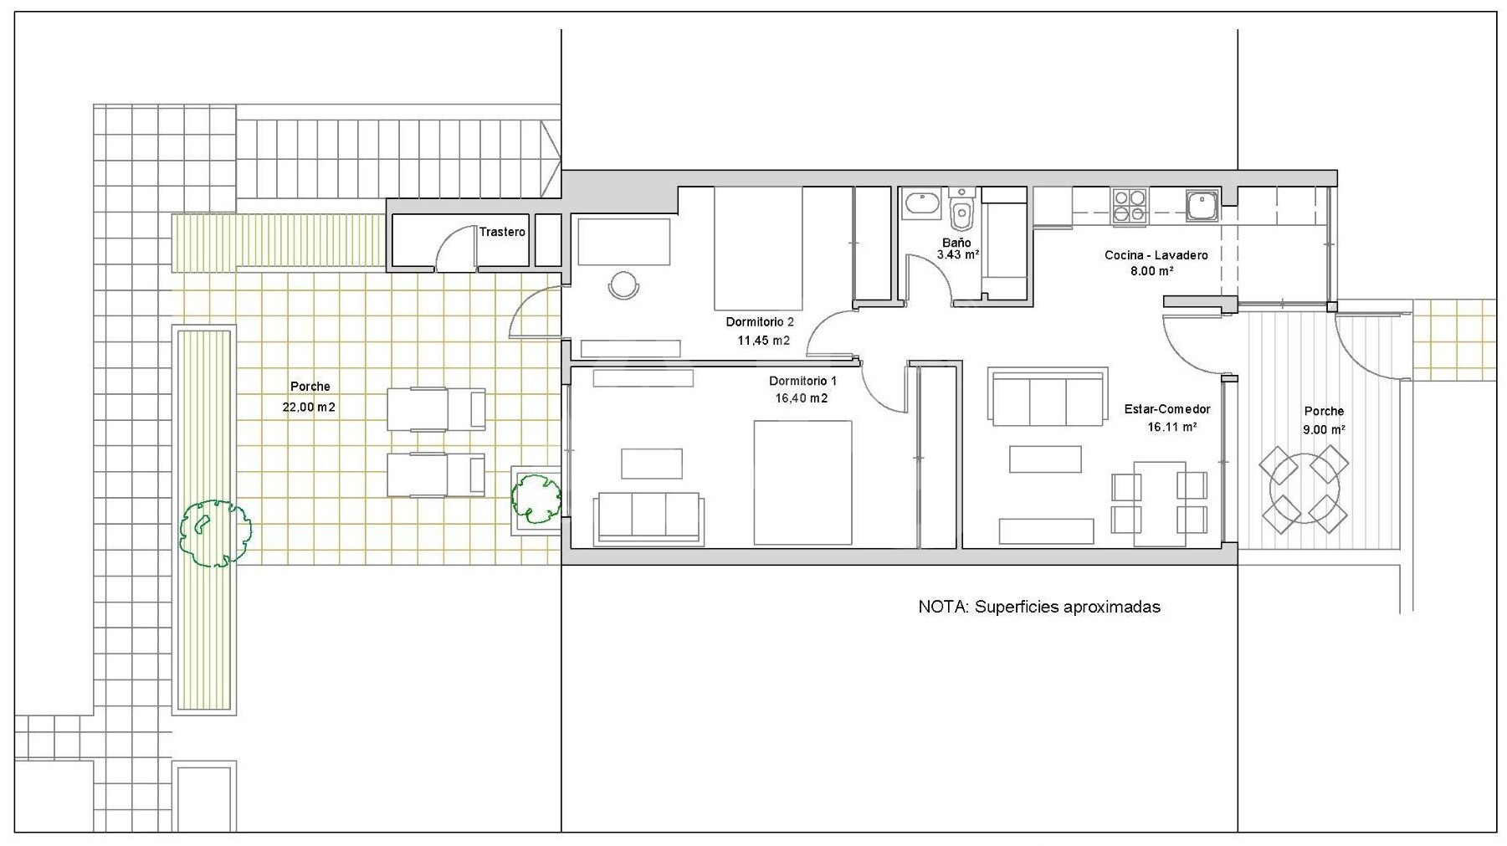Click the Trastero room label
pos(502,232)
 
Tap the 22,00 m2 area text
pos(309,408)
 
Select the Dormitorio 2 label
pos(760,322)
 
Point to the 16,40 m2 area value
pos(801,398)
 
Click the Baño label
pos(956,243)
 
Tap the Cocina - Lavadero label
pos(1156,255)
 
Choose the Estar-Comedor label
pos(1167,409)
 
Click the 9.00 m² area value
pos(1324,430)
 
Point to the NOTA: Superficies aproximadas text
pos(1039,607)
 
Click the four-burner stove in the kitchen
pos(1130,206)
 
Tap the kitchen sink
pos(1202,205)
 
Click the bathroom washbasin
pos(922,204)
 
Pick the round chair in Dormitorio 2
pos(623,285)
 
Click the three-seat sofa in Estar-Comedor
pos(1048,397)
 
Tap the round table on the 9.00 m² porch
pos(1305,490)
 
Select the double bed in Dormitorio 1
pos(802,483)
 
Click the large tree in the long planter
pos(214,534)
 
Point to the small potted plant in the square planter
pos(536,498)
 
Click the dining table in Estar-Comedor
pos(1159,498)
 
